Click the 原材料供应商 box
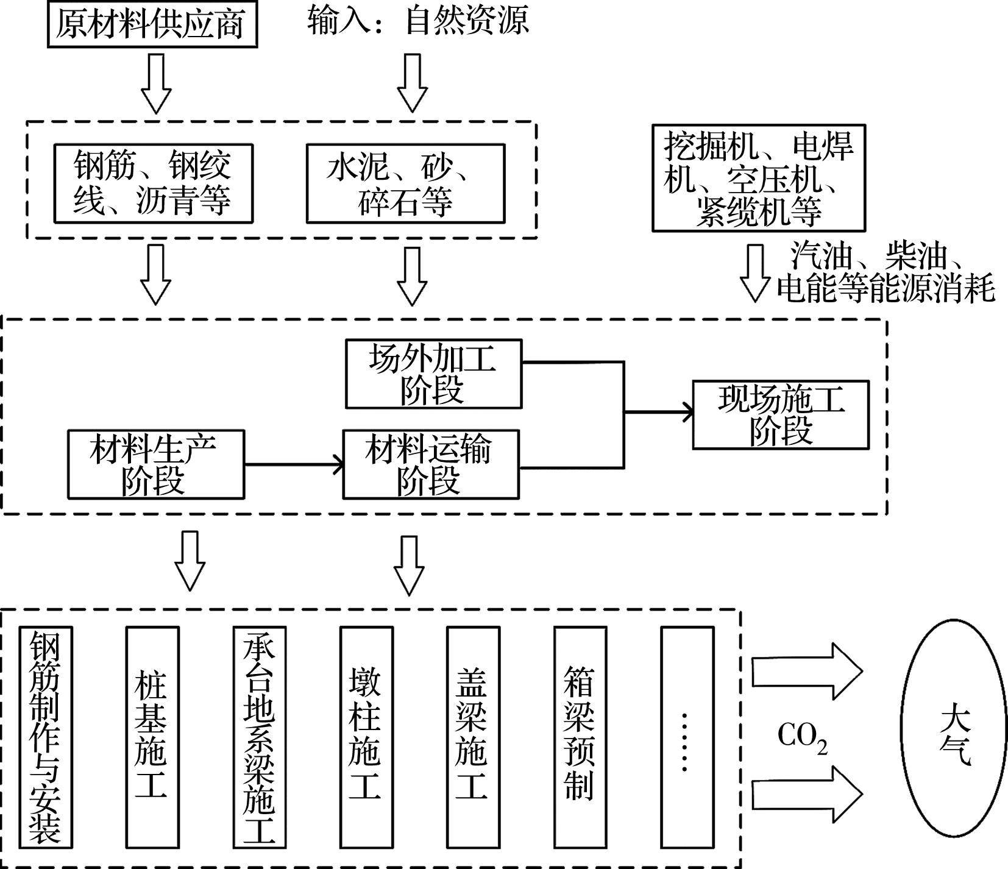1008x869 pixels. click(152, 25)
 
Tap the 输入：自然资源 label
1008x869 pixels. click(418, 20)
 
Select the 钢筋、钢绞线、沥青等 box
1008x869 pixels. click(153, 183)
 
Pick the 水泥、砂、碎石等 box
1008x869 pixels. click(405, 183)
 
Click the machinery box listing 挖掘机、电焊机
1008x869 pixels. click(758, 178)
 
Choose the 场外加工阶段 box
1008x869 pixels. click(433, 374)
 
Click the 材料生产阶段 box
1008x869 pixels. click(155, 464)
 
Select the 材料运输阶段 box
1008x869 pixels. click(431, 464)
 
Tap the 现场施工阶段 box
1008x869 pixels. click(781, 415)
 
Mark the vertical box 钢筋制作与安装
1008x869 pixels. click(46, 737)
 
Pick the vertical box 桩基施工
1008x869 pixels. click(152, 737)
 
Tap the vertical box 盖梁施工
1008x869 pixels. click(473, 737)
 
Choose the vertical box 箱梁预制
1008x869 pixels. click(580, 737)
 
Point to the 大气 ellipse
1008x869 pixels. click(954, 736)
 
